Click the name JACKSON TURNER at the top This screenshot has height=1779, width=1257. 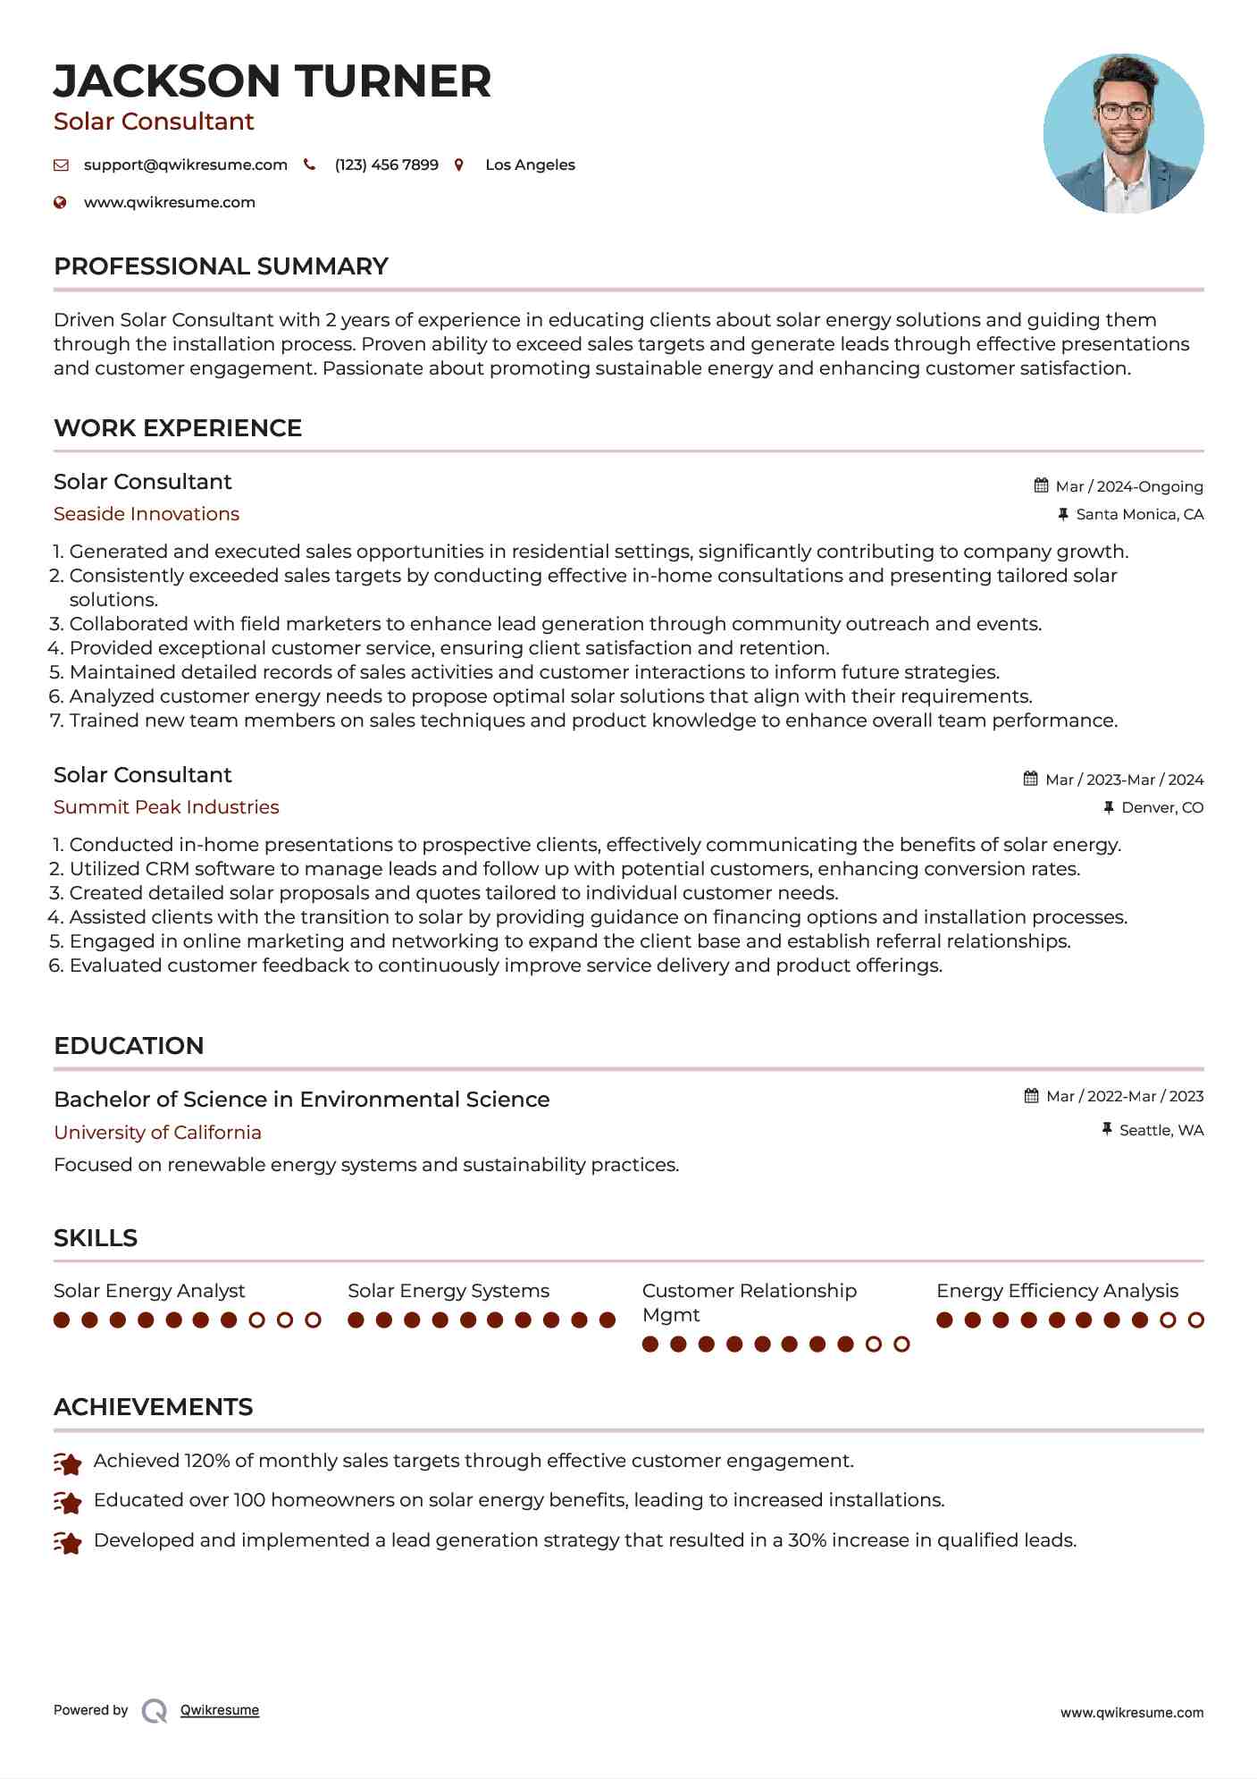pyautogui.click(x=272, y=81)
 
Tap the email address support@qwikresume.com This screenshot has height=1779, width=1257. pyautogui.click(x=185, y=164)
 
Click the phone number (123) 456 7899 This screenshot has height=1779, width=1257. pyautogui.click(x=386, y=164)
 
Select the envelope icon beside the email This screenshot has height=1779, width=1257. pyautogui.click(x=61, y=164)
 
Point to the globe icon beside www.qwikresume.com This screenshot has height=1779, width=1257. pyautogui.click(x=60, y=202)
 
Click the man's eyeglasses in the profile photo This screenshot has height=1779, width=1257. pyautogui.click(x=1123, y=112)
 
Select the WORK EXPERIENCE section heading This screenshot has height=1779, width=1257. pyautogui.click(x=178, y=428)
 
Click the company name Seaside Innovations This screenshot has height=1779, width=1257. pyautogui.click(x=147, y=514)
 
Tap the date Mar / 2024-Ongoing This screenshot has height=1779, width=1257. pyautogui.click(x=1128, y=486)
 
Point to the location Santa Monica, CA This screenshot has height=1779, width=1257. pyautogui.click(x=1139, y=514)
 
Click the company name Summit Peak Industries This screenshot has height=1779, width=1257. pyautogui.click(x=166, y=807)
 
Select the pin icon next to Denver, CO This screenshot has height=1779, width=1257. pyautogui.click(x=1109, y=807)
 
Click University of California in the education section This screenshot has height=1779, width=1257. pyautogui.click(x=157, y=1133)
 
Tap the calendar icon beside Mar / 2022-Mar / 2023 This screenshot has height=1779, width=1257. pyautogui.click(x=1031, y=1096)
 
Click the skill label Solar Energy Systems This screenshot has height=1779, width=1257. pyautogui.click(x=448, y=1291)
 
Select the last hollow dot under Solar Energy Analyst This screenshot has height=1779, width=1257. pyautogui.click(x=313, y=1319)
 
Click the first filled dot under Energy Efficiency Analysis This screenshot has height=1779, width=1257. pyautogui.click(x=945, y=1319)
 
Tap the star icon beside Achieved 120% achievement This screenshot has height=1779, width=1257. pyautogui.click(x=68, y=1463)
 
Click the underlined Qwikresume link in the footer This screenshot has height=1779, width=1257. pyautogui.click(x=220, y=1710)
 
